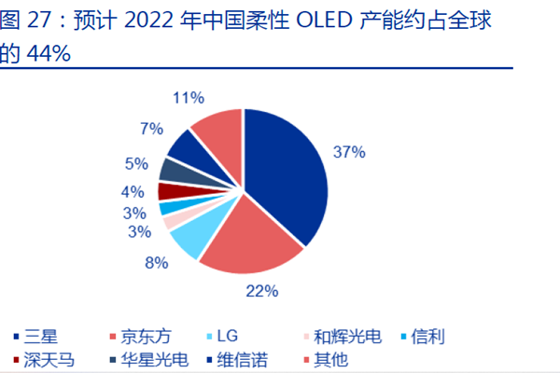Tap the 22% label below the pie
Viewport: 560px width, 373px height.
click(x=262, y=292)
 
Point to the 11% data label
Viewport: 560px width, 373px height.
click(x=189, y=96)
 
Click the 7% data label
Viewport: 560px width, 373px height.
click(x=151, y=128)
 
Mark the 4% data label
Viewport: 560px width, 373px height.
click(x=132, y=192)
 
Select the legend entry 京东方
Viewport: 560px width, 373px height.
click(x=139, y=336)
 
